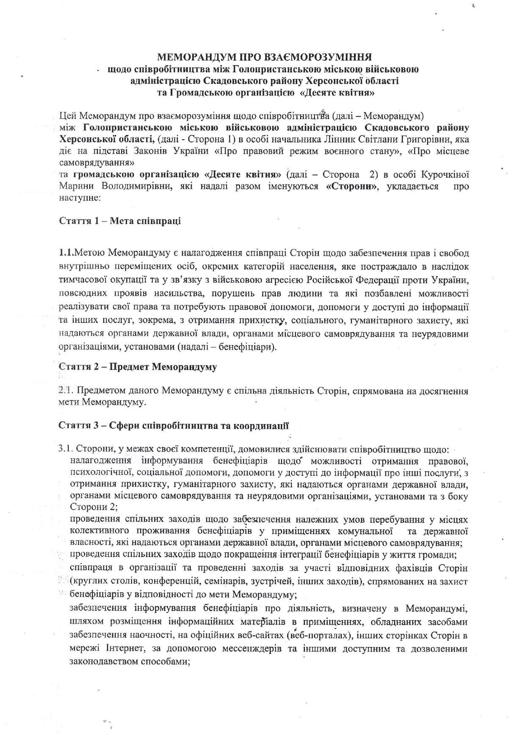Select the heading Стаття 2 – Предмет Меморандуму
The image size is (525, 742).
pos(138,367)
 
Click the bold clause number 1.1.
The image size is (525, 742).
pos(66,254)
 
